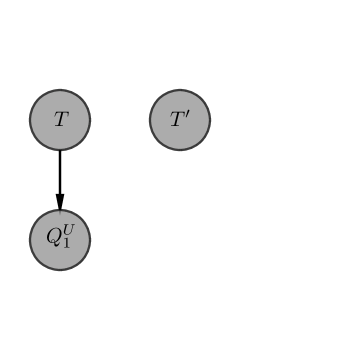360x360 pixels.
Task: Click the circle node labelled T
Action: click(60, 120)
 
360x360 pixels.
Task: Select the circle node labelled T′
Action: click(180, 120)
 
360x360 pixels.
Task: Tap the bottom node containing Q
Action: click(60, 240)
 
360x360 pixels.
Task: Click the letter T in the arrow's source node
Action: click(60, 120)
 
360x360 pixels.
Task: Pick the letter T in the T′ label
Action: click(177, 121)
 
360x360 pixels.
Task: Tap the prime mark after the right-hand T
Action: click(187, 115)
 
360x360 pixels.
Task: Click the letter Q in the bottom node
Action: click(54, 239)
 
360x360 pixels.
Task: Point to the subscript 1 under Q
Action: click(65, 245)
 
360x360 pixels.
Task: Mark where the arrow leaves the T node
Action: click(60, 151)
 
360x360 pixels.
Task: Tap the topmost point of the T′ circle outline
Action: click(180, 90)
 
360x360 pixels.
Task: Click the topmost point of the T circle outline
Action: click(60, 90)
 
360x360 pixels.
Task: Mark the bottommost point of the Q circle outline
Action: click(60, 270)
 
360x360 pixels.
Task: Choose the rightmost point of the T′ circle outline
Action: click(210, 120)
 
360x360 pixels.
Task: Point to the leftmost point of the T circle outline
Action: click(30, 120)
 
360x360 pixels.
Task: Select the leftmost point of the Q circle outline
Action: click(30, 240)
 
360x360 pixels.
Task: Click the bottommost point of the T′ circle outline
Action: click(180, 150)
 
